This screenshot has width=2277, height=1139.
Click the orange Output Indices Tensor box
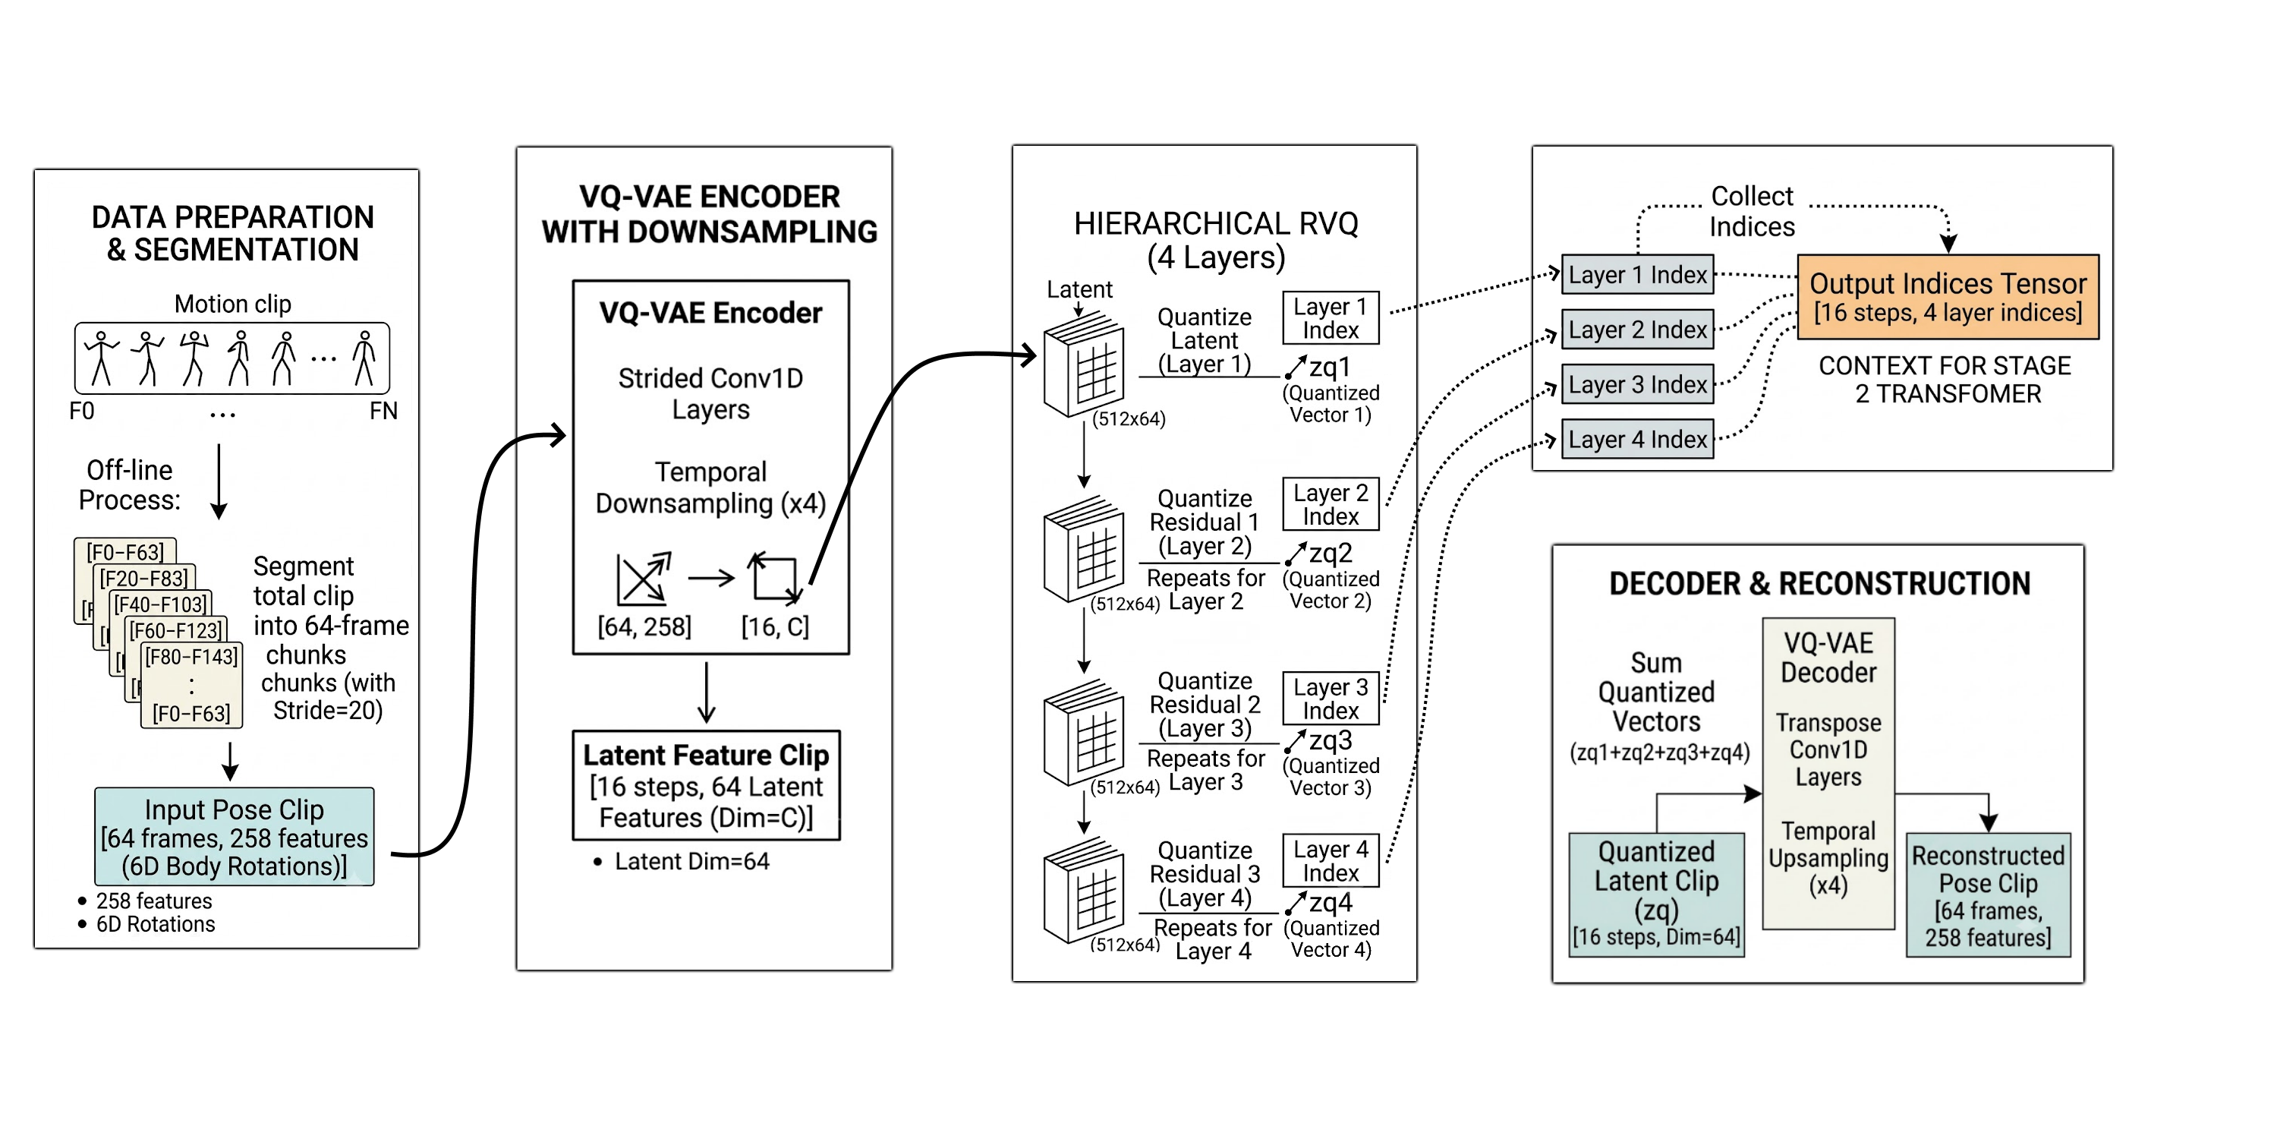click(1948, 297)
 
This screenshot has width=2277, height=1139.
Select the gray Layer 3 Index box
click(1637, 385)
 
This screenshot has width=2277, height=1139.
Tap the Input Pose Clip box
click(235, 837)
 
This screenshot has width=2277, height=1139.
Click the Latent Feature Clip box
click(707, 785)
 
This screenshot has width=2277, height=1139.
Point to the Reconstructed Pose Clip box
click(1988, 895)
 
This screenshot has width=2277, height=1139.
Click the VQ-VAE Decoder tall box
click(1828, 774)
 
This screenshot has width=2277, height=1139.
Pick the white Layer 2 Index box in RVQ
click(1331, 504)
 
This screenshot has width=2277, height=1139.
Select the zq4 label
click(1331, 903)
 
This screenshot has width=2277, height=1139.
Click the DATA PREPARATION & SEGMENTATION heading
click(232, 233)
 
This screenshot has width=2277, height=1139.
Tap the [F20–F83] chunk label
click(144, 579)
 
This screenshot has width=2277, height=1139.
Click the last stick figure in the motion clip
click(364, 358)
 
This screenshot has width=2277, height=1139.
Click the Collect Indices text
click(1752, 211)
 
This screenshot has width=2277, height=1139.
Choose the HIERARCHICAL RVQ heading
click(1215, 240)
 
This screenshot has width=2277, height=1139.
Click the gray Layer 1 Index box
click(1637, 275)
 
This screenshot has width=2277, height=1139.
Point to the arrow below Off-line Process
click(219, 481)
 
